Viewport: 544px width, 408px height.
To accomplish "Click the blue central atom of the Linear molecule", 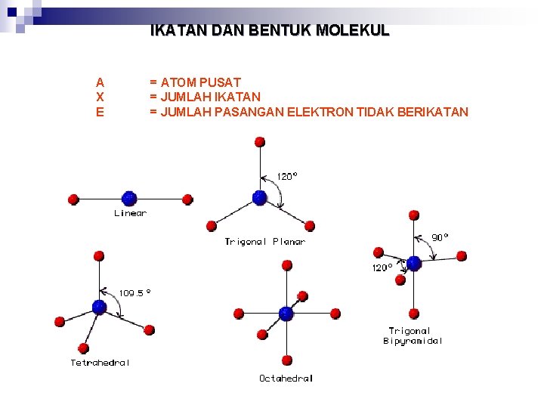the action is click(x=129, y=199).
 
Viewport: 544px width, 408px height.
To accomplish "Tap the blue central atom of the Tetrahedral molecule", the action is click(x=99, y=307).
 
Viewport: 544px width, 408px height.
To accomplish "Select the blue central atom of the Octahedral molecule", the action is click(x=286, y=313).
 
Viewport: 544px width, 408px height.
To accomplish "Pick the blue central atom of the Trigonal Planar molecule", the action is click(x=260, y=198).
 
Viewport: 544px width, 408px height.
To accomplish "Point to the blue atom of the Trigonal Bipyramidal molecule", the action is click(x=414, y=263).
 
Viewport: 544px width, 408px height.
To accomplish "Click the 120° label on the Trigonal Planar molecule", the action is click(x=287, y=176).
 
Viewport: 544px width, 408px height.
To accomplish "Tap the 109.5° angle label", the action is click(x=135, y=292).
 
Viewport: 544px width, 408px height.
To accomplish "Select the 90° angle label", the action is click(x=440, y=237).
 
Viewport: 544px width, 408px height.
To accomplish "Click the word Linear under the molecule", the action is click(x=130, y=213).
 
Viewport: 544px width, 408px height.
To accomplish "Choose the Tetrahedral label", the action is click(x=100, y=363).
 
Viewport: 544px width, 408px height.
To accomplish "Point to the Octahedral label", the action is click(x=286, y=378).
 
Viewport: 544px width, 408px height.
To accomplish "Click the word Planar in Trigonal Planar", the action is click(x=289, y=242).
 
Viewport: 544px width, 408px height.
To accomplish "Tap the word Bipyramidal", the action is click(x=413, y=341).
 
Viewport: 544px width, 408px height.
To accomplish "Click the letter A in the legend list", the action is click(x=100, y=82).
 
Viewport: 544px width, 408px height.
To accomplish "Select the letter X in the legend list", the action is click(x=100, y=97).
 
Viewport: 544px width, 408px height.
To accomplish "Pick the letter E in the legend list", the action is click(x=100, y=112).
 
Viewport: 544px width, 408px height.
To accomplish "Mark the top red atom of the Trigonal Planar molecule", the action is click(x=260, y=142).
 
